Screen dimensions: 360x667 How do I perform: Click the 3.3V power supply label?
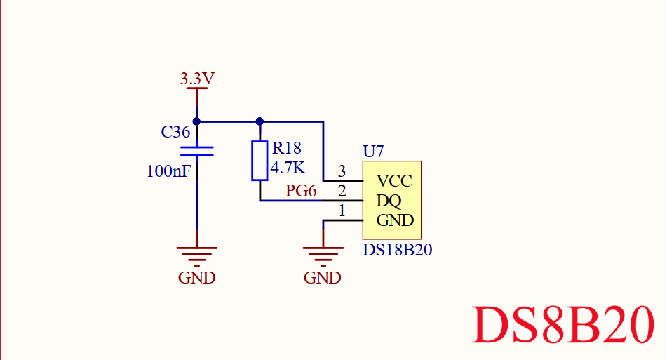click(197, 79)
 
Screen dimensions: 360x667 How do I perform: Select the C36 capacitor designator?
click(175, 132)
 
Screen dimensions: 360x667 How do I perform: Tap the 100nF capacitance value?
click(168, 171)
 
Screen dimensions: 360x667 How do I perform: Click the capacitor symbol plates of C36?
click(197, 150)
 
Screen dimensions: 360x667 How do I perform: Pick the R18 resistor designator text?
click(286, 148)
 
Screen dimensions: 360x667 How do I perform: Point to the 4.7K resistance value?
click(288, 168)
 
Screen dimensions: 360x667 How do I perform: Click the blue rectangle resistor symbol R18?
click(260, 161)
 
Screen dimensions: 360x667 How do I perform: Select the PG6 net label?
click(301, 191)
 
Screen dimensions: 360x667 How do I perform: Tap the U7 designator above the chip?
click(373, 151)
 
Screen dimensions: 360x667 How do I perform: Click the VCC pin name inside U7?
click(394, 181)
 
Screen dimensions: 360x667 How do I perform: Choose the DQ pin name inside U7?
click(389, 201)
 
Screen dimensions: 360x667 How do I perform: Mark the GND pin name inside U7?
click(395, 220)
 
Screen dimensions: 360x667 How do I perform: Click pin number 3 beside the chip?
click(342, 171)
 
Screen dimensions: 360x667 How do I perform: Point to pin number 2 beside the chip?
click(342, 191)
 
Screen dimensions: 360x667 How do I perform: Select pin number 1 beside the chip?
click(342, 211)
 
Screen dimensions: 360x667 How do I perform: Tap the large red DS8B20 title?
click(565, 325)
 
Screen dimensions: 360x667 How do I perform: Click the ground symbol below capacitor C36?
click(197, 254)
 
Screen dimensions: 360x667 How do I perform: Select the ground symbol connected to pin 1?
click(323, 254)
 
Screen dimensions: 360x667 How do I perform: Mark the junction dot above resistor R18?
click(260, 121)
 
